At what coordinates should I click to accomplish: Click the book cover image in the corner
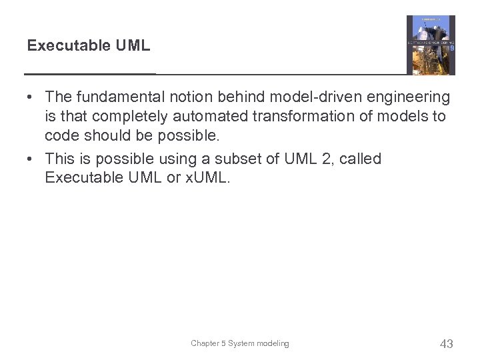pyautogui.click(x=431, y=45)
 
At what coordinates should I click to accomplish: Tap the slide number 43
pyautogui.click(x=447, y=344)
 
